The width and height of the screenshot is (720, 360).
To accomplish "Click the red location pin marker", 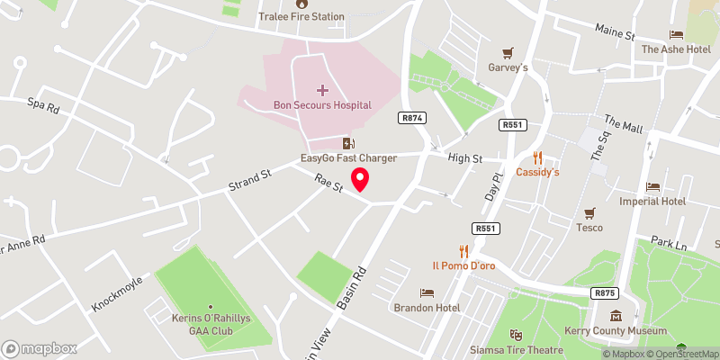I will pos(360,178).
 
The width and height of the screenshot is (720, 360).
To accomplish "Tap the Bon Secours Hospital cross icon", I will pos(323,90).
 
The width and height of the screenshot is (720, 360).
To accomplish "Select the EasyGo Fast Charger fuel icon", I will pos(348,143).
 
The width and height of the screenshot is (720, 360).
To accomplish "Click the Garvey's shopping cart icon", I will pos(508,52).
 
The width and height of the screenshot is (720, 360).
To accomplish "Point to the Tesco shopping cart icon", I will pos(589,213).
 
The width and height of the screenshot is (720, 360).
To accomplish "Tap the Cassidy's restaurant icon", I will pos(538,157).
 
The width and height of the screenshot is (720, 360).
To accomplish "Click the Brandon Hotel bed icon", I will pos(427,292).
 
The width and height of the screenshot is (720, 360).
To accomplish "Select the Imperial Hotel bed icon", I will pos(652,186).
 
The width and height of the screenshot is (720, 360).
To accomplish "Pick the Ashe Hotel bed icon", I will pos(675,34).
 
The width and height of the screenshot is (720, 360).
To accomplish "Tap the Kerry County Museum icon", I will pos(616,316).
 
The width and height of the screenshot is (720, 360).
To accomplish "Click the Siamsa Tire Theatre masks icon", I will pos(516,335).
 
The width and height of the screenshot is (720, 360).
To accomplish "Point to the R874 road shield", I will pos(413,118).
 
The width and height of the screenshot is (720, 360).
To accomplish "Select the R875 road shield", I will pos(604,292).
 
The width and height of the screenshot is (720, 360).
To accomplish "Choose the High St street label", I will pos(465,157).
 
